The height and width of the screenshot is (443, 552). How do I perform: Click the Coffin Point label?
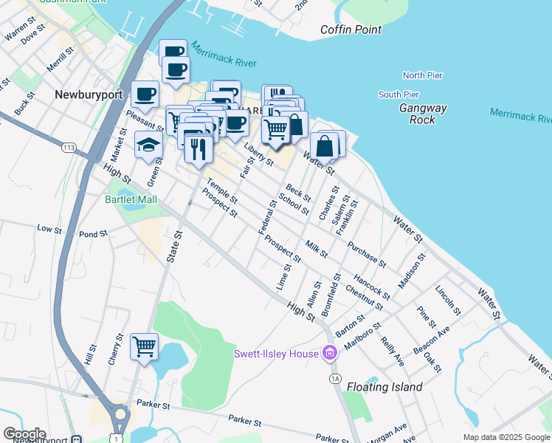[x=351, y=30]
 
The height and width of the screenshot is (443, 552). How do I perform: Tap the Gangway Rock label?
[x=423, y=114]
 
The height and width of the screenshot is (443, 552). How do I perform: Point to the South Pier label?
[x=399, y=95]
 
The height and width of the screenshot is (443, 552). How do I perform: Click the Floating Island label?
[x=384, y=387]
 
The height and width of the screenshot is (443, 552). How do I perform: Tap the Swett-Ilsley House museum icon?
[x=330, y=354]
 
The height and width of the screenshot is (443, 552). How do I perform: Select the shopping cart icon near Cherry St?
[x=144, y=346]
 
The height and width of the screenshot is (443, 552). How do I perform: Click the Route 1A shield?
[x=336, y=378]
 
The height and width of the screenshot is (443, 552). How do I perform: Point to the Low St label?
[x=49, y=230]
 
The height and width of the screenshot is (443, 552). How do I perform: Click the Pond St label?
[x=94, y=234]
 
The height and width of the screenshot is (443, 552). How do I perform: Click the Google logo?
[x=24, y=434]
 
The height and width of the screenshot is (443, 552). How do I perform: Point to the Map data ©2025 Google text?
[x=506, y=437]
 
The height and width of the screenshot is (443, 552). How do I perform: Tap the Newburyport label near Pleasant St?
[x=83, y=95]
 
